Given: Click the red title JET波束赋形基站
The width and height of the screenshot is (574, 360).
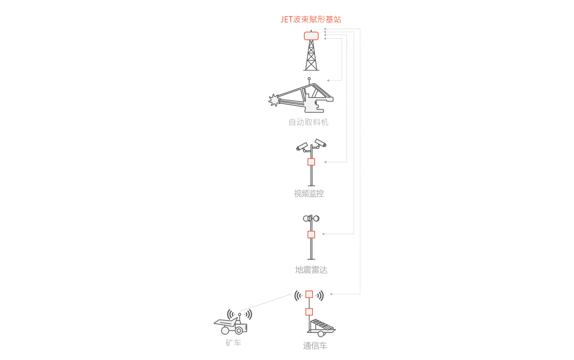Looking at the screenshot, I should [x=311, y=20].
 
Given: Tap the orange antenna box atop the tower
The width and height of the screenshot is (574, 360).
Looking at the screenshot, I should [x=311, y=36].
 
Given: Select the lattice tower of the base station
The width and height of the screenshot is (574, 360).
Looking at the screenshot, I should [x=311, y=56].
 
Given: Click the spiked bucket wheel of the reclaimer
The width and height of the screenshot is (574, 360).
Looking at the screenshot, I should [x=274, y=100].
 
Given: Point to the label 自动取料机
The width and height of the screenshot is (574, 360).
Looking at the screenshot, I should [x=309, y=122].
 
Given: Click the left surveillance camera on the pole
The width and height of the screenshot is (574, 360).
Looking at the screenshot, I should [x=302, y=147].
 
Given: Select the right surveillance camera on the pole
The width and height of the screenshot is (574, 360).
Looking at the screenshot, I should [x=320, y=143].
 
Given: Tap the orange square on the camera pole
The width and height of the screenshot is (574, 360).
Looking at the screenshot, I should [x=311, y=162].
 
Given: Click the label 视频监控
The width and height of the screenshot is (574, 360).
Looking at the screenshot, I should [x=309, y=194].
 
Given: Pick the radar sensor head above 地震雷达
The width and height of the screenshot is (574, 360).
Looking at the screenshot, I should [x=311, y=218].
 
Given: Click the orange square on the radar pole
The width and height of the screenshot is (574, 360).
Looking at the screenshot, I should [x=311, y=234].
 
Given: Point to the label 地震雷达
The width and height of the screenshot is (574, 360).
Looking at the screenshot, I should [x=311, y=270].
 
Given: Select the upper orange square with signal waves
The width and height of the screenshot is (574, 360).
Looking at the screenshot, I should [x=309, y=294].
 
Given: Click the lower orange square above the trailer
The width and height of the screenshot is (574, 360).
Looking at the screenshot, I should [x=309, y=312].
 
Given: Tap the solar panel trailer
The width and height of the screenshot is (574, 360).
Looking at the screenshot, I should [x=321, y=327].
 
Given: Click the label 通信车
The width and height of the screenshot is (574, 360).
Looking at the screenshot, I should [x=315, y=346].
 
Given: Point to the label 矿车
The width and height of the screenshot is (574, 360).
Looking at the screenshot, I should [x=233, y=343].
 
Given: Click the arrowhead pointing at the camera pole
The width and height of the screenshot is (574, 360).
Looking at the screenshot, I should [x=325, y=162].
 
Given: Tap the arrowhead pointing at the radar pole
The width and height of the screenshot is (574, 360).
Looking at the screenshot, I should [x=323, y=234].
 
